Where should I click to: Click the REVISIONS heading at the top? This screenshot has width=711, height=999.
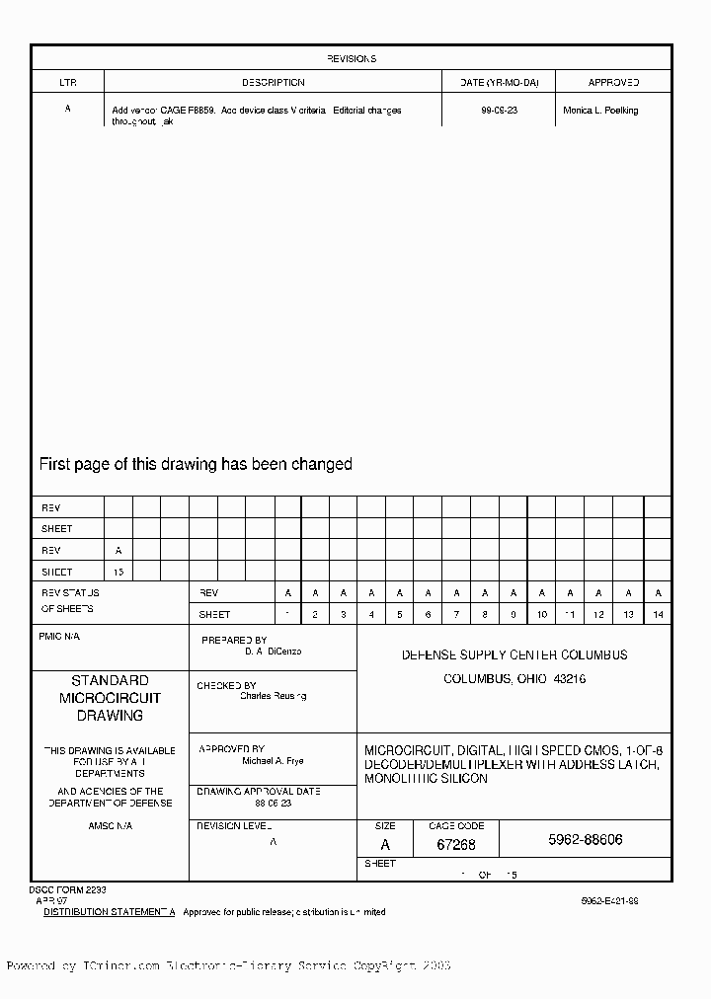click(x=352, y=59)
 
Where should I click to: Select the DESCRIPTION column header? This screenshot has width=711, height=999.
click(x=274, y=83)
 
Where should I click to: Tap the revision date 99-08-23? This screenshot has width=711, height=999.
click(x=499, y=111)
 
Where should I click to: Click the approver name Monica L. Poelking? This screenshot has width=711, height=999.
click(x=600, y=111)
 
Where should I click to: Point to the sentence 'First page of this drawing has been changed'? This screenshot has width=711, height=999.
click(x=196, y=464)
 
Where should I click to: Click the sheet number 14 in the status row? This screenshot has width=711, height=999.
click(x=658, y=615)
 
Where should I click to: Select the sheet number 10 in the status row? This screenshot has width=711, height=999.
click(x=542, y=615)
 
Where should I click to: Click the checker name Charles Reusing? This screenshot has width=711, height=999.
click(x=273, y=696)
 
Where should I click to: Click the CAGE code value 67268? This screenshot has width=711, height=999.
click(x=455, y=845)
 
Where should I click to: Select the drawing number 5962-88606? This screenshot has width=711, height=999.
click(x=585, y=841)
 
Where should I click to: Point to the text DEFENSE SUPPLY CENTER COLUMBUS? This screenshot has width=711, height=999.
click(x=513, y=654)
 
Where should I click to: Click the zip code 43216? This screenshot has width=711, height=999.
click(x=570, y=679)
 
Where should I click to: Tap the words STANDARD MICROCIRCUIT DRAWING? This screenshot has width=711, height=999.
click(x=110, y=698)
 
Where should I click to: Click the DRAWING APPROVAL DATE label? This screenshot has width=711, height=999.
click(x=258, y=792)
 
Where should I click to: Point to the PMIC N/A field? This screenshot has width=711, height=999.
click(x=59, y=637)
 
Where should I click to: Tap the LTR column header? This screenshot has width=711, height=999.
click(x=67, y=83)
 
